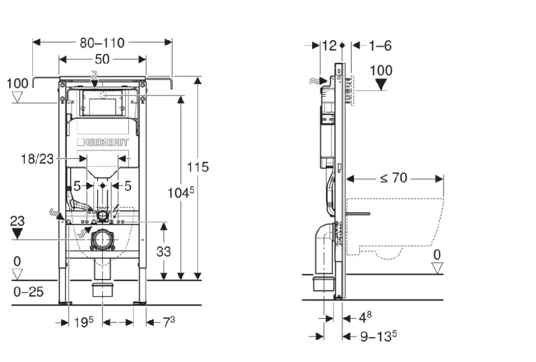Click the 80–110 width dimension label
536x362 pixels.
click(x=102, y=43)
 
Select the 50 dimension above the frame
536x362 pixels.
click(x=102, y=59)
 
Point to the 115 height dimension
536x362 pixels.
click(x=198, y=166)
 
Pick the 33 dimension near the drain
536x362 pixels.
click(x=164, y=251)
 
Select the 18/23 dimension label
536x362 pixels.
click(x=37, y=159)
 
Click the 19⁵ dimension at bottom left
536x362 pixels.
click(x=83, y=322)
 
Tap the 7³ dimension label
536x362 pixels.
click(x=168, y=322)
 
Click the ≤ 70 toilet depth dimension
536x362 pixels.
click(x=393, y=178)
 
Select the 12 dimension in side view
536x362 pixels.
click(x=329, y=45)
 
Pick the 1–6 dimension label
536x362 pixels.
click(x=380, y=45)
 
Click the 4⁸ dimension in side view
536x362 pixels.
click(x=365, y=318)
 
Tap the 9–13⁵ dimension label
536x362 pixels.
click(x=378, y=336)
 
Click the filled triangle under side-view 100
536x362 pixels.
click(x=381, y=85)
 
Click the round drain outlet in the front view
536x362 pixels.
click(x=102, y=240)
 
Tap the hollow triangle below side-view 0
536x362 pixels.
click(x=437, y=268)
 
